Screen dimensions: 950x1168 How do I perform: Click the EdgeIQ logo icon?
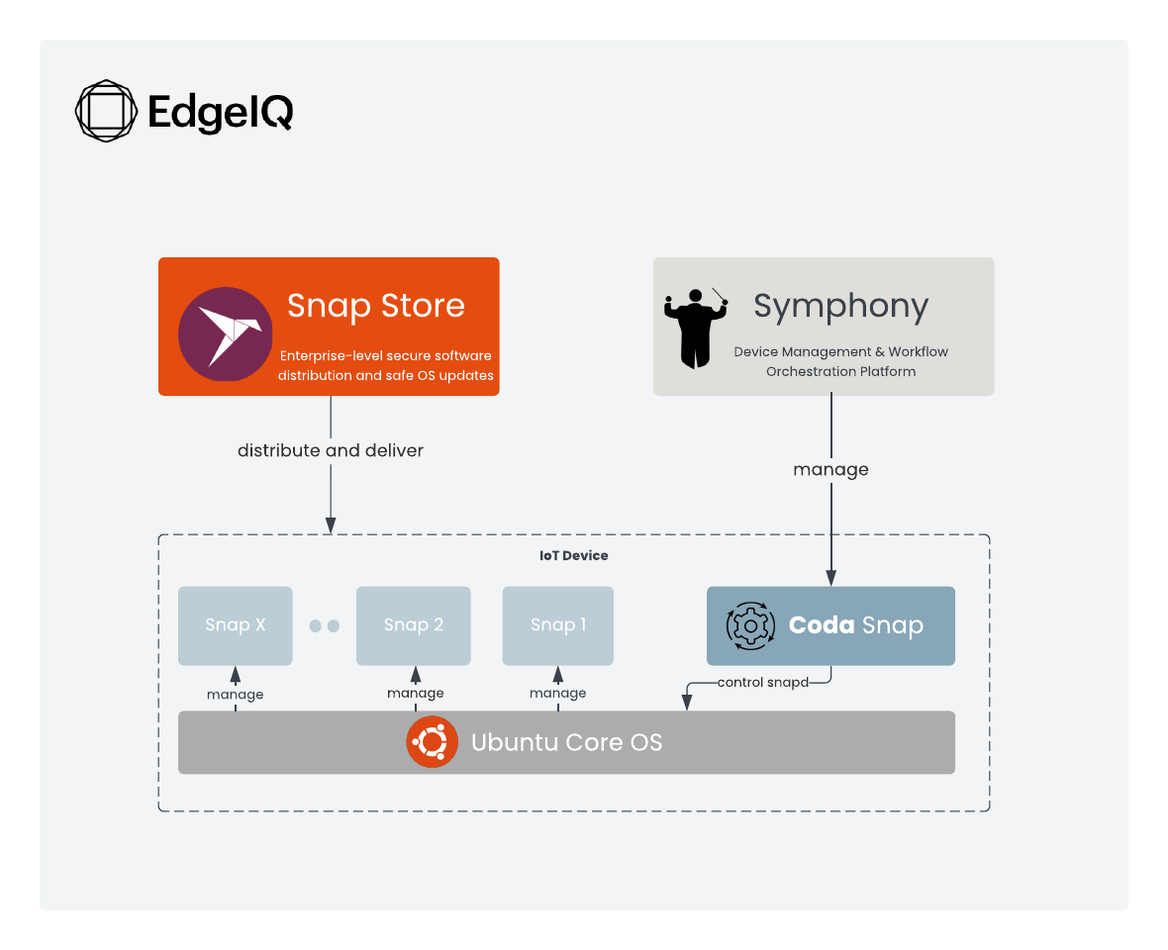coord(106,111)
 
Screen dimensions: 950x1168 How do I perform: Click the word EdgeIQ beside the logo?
coord(220,112)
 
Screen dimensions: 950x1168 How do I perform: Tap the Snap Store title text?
coord(375,305)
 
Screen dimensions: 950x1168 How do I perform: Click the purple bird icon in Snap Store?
coord(226,334)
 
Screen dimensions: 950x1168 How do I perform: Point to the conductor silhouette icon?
coord(695,326)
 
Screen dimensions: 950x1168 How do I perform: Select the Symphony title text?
coord(840,306)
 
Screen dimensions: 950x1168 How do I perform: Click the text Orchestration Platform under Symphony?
coord(840,372)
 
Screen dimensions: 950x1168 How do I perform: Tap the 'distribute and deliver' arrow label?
coord(331,450)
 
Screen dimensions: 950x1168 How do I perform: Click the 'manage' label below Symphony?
coord(830,469)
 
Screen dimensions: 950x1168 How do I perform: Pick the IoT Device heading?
coord(573,556)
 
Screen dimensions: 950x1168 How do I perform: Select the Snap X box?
coord(236,624)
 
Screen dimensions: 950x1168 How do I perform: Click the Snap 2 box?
coord(413,624)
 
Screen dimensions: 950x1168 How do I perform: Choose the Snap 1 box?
coord(558,624)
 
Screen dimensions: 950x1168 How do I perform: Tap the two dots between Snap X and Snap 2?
coord(324,625)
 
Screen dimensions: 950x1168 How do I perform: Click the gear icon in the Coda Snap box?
coord(749,625)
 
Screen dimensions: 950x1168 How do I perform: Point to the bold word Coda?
coord(821,625)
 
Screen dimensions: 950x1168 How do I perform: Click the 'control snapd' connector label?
coord(762,682)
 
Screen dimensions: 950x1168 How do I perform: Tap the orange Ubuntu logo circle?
coord(432,742)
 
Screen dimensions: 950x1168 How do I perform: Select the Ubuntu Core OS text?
coord(566,742)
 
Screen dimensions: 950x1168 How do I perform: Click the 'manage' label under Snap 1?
coord(558,693)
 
